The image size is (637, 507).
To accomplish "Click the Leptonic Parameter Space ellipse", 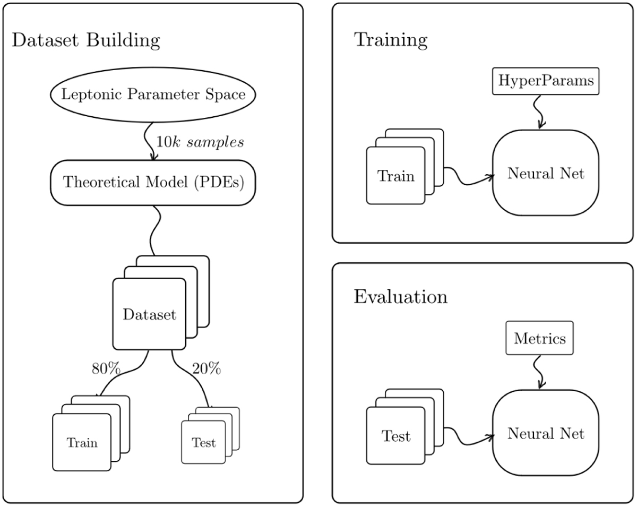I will (153, 96).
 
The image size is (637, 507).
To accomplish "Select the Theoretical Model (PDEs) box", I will (153, 183).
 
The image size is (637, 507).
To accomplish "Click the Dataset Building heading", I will (85, 40).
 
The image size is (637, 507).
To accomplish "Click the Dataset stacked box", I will (150, 314).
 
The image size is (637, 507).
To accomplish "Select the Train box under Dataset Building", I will (82, 442).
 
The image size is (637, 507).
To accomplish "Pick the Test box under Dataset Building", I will (204, 442).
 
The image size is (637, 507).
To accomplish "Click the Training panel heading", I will (391, 40).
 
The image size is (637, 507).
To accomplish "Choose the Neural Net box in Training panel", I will (546, 174).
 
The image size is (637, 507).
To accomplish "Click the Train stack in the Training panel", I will (396, 175).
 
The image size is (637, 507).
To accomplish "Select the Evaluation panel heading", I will (400, 297).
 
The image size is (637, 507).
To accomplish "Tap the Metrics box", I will (539, 338).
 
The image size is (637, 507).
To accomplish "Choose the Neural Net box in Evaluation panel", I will (546, 434).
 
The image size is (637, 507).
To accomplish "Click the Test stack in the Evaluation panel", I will (396, 436).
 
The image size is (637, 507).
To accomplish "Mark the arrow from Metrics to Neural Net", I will (540, 372).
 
